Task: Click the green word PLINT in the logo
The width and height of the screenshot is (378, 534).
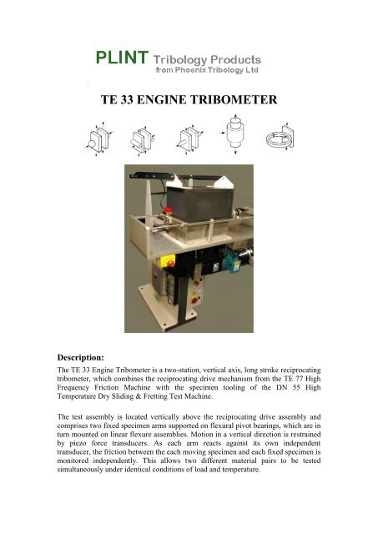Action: pos(121,58)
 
